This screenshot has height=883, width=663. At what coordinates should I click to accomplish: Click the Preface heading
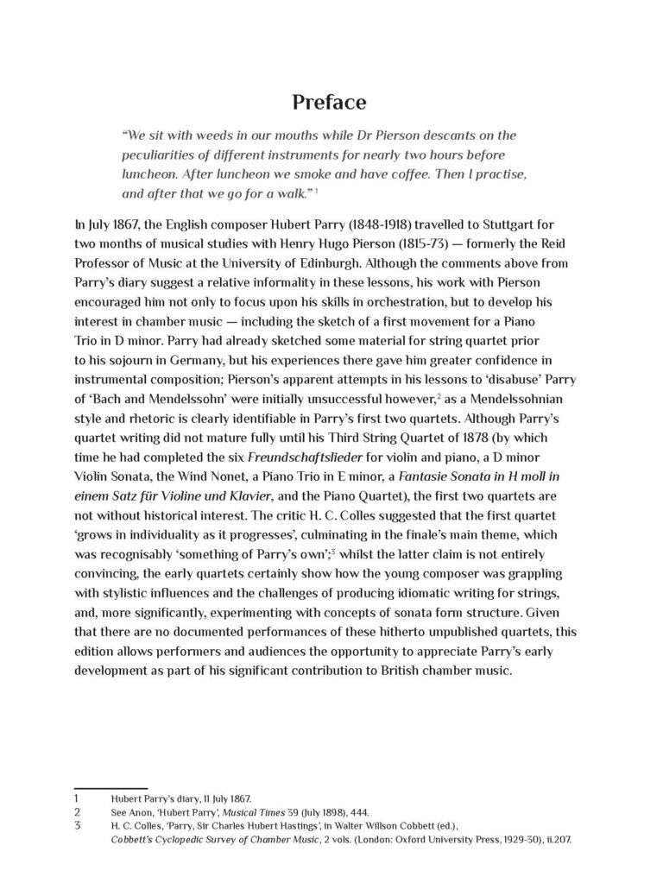coord(329,103)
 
